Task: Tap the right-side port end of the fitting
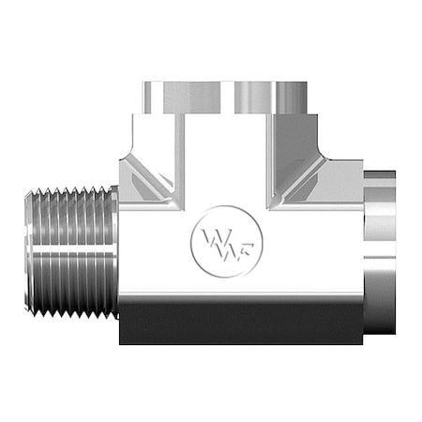[x=382, y=253]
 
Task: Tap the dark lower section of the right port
[x=382, y=314]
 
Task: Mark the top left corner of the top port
[x=143, y=83]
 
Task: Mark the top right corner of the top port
[x=308, y=83]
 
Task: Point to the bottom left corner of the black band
[x=121, y=343]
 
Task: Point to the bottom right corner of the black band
[x=362, y=343]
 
